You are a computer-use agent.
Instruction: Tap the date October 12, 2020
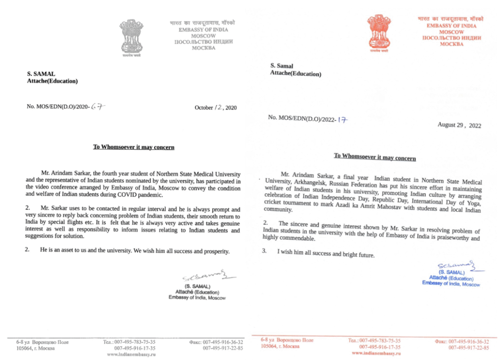pos(215,107)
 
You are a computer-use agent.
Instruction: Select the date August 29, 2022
pos(459,125)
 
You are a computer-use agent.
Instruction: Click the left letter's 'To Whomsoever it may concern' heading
pos(134,147)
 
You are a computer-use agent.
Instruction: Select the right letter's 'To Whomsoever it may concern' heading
pos(375,157)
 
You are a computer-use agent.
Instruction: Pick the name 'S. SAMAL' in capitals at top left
pos(41,74)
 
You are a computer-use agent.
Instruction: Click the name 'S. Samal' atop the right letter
pos(281,66)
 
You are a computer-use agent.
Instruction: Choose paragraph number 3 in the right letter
pos(265,251)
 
